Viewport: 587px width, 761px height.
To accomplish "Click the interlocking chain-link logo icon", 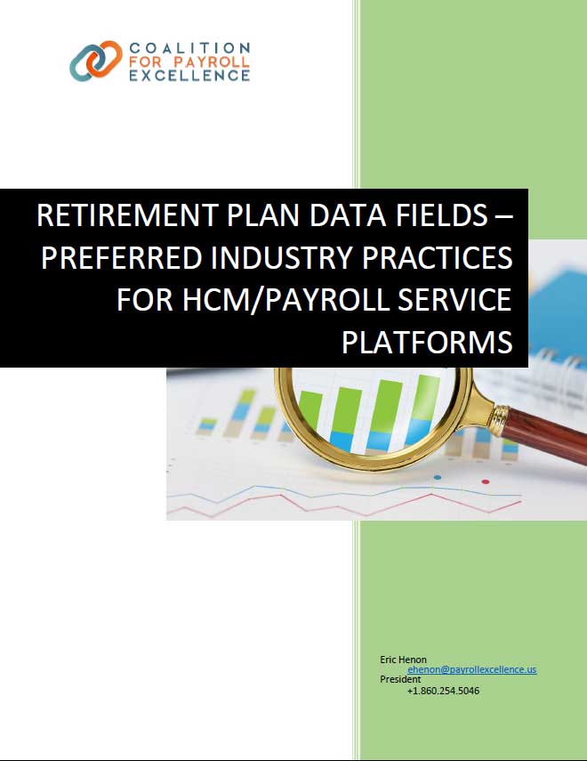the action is click(95, 61).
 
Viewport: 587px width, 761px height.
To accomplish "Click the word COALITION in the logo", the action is click(189, 48).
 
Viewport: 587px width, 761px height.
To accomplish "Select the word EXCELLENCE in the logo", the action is click(189, 76).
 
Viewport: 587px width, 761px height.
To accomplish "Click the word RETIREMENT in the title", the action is click(126, 215).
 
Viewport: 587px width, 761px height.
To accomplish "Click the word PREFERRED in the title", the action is click(122, 257).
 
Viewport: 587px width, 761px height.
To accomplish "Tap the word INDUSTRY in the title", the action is click(281, 257).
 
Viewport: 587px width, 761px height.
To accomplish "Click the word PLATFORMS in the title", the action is click(427, 342).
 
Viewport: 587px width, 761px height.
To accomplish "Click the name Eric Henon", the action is click(403, 660).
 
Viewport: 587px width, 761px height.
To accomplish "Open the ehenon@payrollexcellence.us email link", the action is click(472, 669).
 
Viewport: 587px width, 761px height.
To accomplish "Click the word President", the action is click(400, 679).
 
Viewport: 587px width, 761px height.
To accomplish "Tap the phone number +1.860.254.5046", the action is click(444, 691).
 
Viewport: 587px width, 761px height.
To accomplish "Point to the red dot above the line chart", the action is click(485, 482).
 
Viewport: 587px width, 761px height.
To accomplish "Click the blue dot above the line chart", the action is click(438, 478).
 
